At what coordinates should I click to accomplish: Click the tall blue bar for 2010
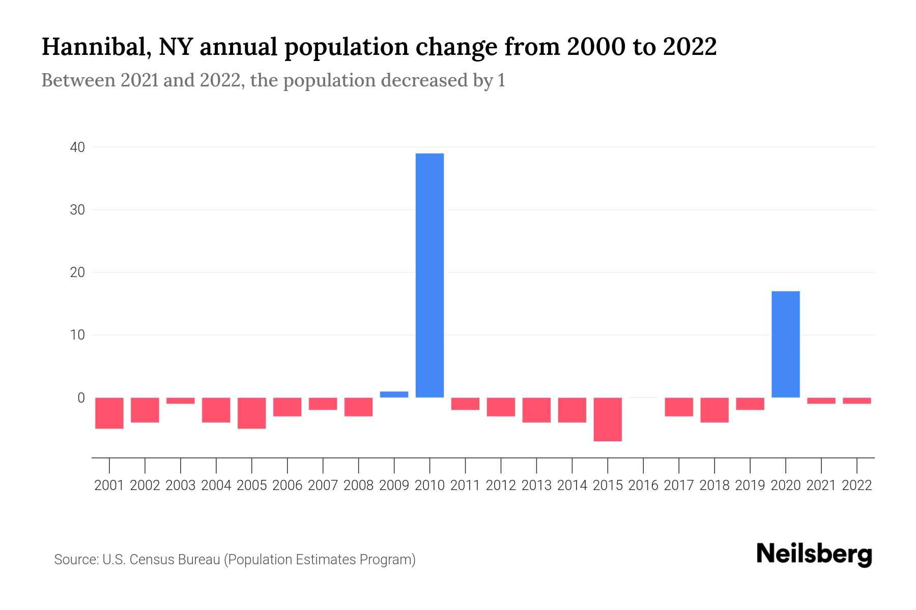click(430, 275)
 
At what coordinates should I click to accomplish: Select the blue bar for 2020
click(785, 344)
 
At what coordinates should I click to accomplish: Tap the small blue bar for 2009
click(394, 394)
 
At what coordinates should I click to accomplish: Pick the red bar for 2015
click(608, 419)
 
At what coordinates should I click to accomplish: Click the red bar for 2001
click(109, 413)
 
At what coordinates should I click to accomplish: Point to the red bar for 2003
click(181, 401)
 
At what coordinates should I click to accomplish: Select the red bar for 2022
click(856, 401)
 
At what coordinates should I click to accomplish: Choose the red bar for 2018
click(714, 410)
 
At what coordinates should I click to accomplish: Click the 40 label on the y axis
click(77, 147)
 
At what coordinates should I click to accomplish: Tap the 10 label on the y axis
click(77, 335)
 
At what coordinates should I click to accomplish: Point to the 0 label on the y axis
click(81, 398)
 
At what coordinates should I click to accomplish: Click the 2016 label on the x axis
click(643, 485)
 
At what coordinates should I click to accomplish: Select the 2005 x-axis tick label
click(252, 485)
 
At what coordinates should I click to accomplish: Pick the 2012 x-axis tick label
click(501, 485)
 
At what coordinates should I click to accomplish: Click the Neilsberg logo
click(814, 555)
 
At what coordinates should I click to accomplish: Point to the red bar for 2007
click(323, 404)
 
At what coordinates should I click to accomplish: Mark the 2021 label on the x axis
click(821, 485)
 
